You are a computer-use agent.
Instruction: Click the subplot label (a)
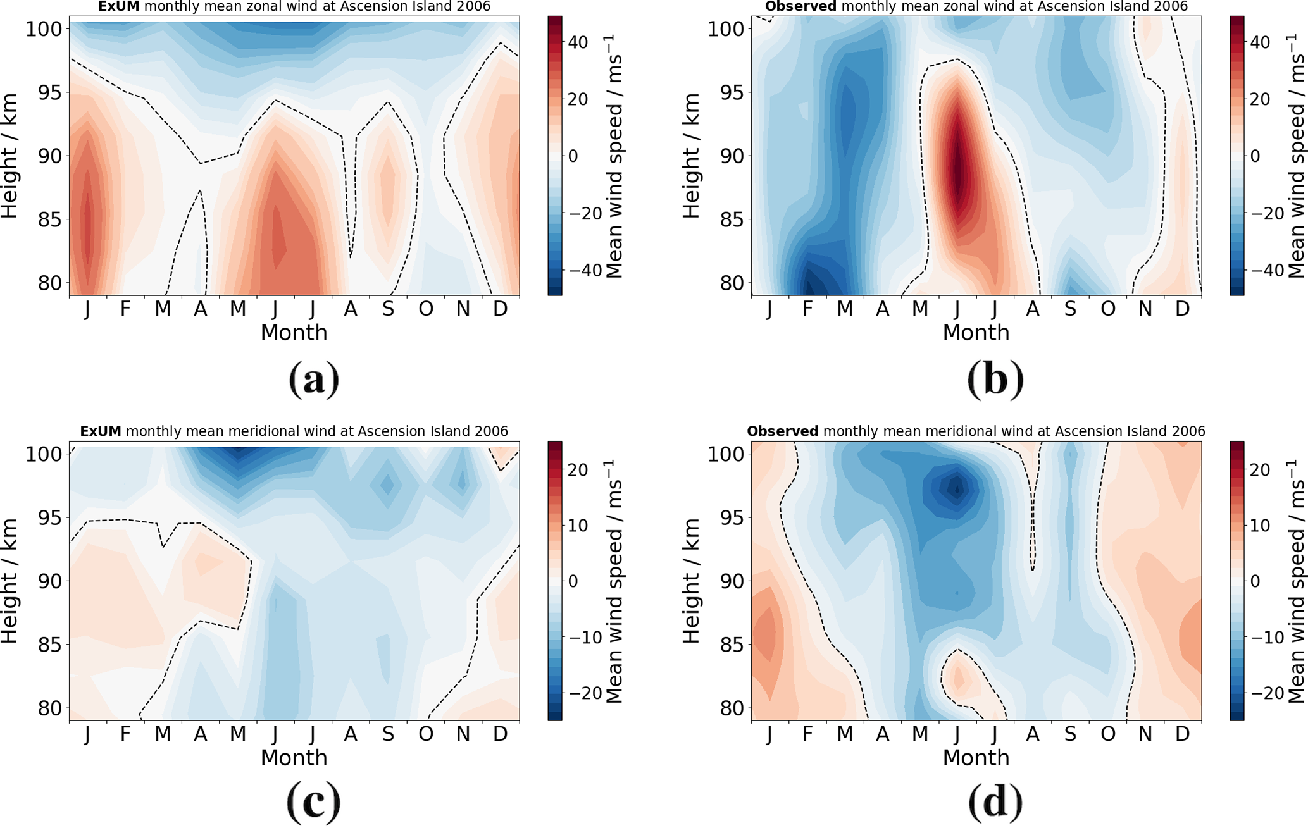(314, 380)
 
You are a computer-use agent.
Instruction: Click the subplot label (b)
(995, 380)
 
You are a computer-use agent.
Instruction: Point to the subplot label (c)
(314, 802)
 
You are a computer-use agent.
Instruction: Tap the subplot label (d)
(995, 802)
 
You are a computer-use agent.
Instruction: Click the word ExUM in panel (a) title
(118, 7)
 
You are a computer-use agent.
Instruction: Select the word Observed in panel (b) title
(800, 7)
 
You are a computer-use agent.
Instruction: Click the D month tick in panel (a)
(501, 309)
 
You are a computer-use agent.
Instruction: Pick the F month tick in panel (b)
(807, 309)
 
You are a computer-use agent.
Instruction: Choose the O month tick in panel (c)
(426, 734)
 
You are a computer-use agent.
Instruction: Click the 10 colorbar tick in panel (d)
(1261, 526)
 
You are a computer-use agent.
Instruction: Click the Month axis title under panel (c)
(294, 757)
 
